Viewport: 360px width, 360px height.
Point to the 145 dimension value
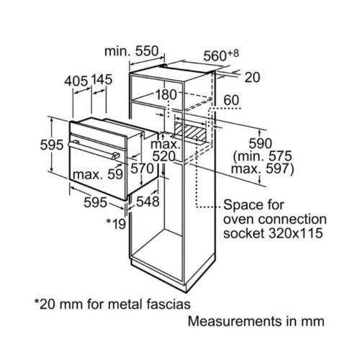(x=102, y=81)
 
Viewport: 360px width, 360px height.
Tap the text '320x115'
(x=294, y=234)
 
